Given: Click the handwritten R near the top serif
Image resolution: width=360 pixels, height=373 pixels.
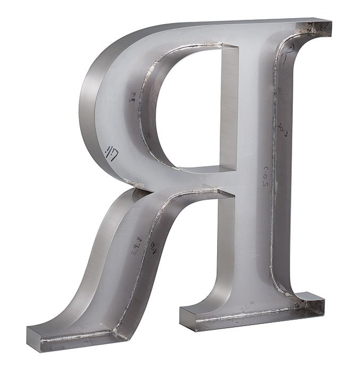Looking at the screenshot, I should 289,54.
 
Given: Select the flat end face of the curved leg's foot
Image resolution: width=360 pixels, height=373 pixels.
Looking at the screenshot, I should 34,338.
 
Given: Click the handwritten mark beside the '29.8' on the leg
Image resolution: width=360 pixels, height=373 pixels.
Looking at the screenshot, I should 154,247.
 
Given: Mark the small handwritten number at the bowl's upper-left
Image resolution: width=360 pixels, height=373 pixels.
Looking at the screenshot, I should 132,97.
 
